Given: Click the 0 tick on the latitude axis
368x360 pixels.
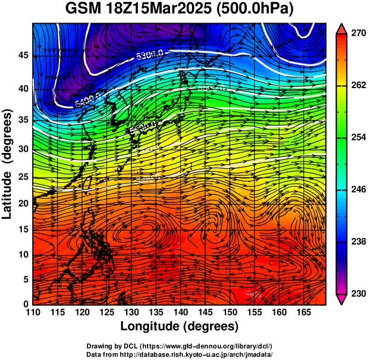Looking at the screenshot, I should [x=26, y=303].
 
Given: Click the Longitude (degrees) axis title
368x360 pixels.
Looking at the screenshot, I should [x=180, y=326].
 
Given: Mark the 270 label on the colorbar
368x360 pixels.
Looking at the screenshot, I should [x=357, y=34].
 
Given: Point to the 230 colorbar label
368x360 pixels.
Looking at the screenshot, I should [x=357, y=293].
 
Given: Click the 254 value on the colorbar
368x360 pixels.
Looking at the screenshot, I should [x=357, y=137].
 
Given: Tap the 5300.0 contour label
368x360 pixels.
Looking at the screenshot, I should [x=149, y=55].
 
